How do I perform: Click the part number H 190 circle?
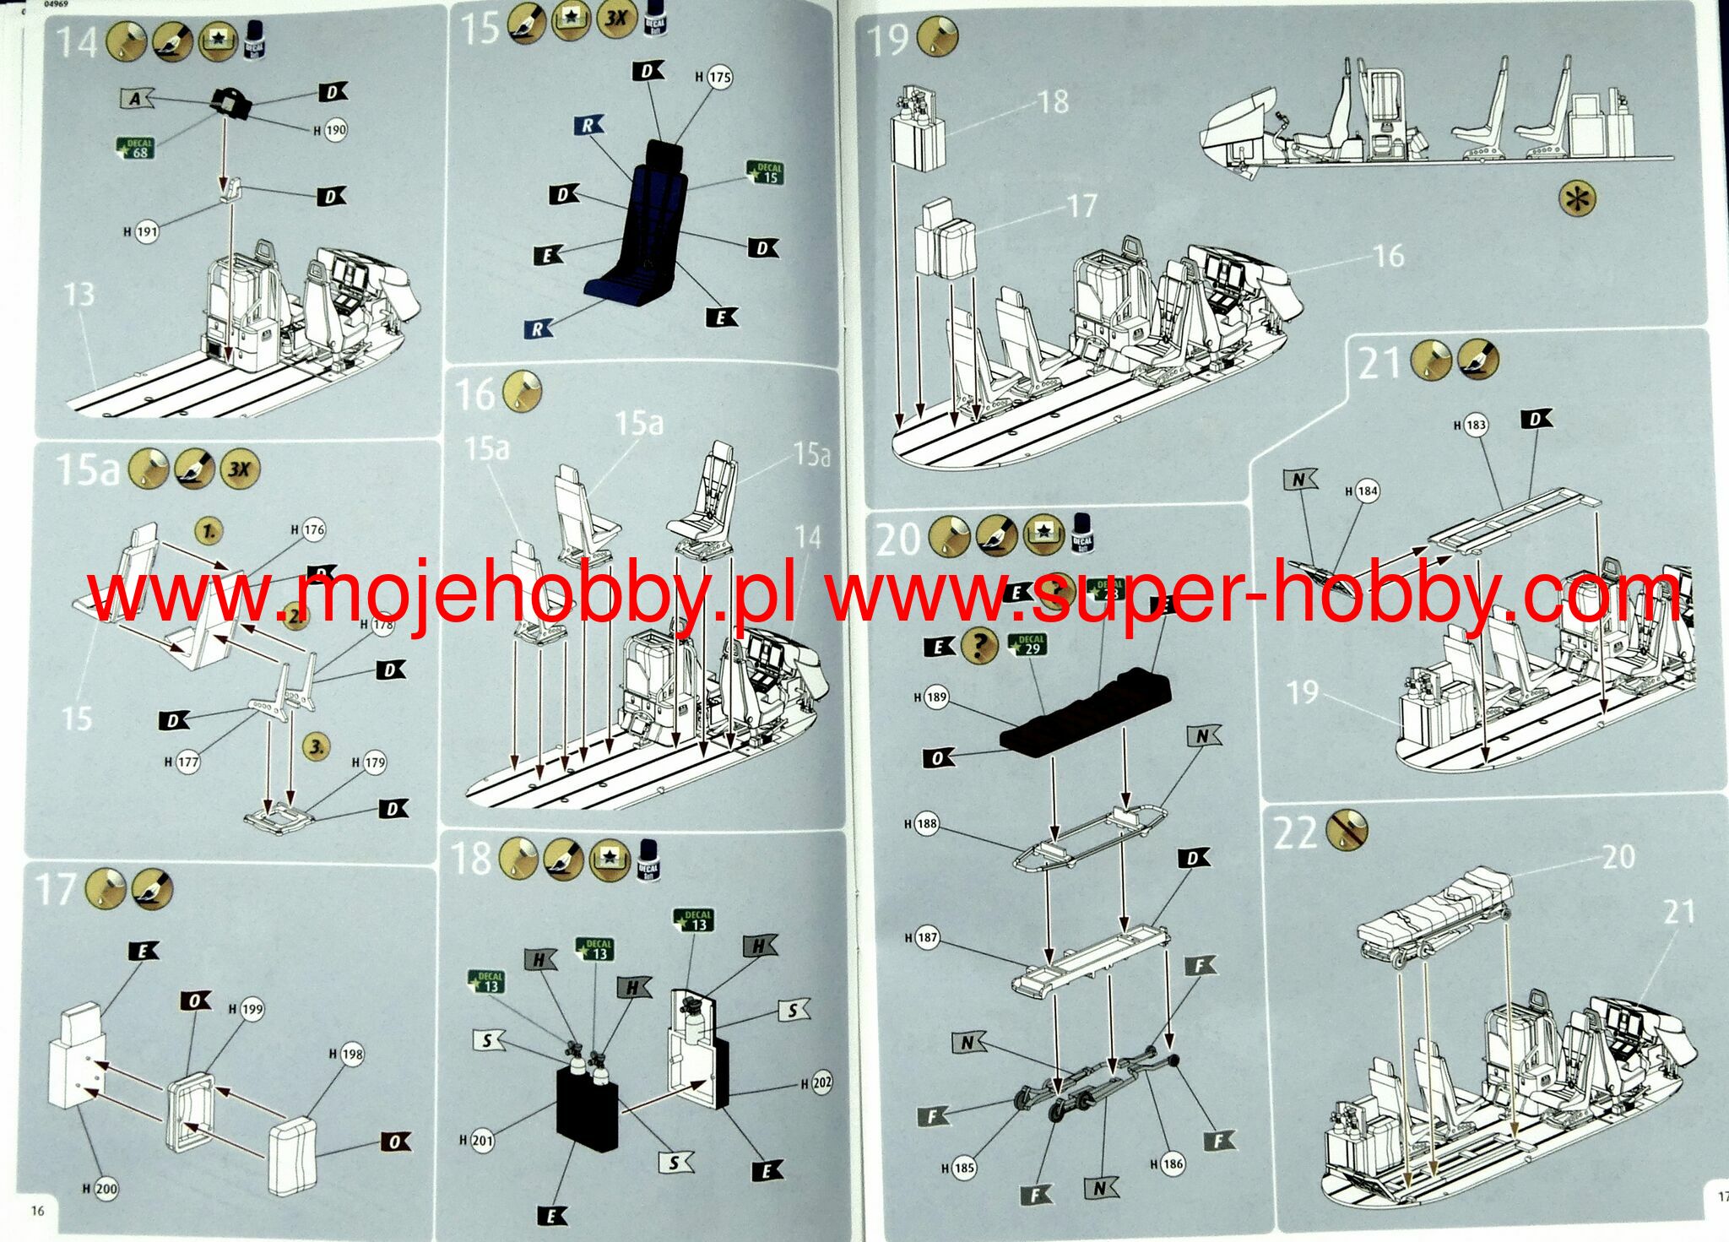pyautogui.click(x=335, y=130)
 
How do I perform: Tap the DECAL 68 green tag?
pyautogui.click(x=137, y=148)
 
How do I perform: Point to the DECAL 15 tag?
pyautogui.click(x=767, y=173)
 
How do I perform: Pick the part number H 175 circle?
pyautogui.click(x=718, y=77)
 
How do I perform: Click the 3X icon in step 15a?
pyautogui.click(x=240, y=469)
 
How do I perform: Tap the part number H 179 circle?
pyautogui.click(x=374, y=762)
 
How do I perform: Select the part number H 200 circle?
pyautogui.click(x=106, y=1189)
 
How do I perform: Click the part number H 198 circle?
pyautogui.click(x=351, y=1054)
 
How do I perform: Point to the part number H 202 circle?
pyautogui.click(x=821, y=1083)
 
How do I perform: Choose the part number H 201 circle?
pyautogui.click(x=482, y=1140)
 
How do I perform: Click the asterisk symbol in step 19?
pyautogui.click(x=1578, y=199)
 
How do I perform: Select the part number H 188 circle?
pyautogui.click(x=926, y=823)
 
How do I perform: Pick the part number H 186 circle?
pyautogui.click(x=1173, y=1163)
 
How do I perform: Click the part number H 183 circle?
pyautogui.click(x=1475, y=425)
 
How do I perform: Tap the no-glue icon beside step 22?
pyautogui.click(x=1347, y=831)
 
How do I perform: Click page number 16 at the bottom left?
pyautogui.click(x=37, y=1211)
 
